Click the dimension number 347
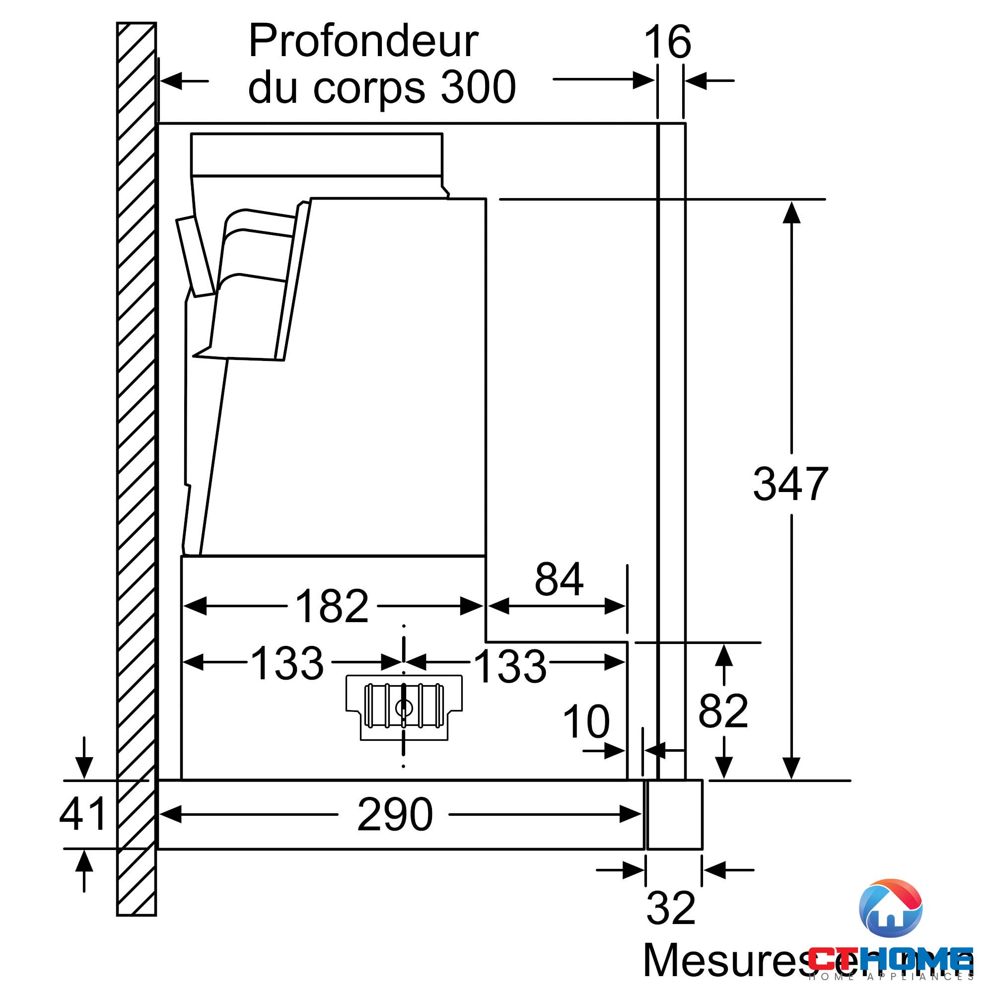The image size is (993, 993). (x=790, y=484)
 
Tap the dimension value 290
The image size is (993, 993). (x=395, y=815)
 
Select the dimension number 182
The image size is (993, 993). (x=332, y=607)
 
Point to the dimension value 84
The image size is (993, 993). (x=559, y=580)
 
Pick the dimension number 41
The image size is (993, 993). (x=82, y=814)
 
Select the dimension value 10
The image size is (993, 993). (x=586, y=722)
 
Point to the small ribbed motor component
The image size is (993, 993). (x=404, y=706)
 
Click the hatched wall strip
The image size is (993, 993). (x=136, y=463)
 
